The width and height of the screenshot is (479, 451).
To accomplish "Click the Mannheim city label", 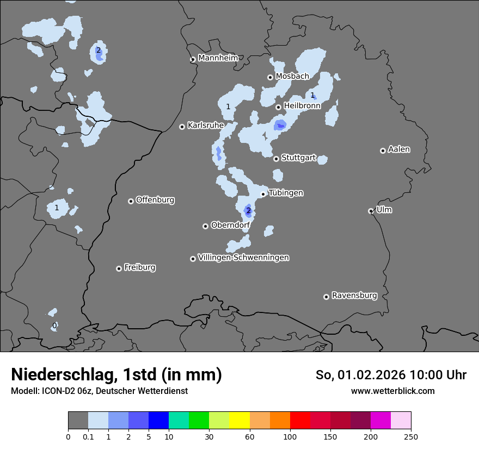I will pyautogui.click(x=218, y=58).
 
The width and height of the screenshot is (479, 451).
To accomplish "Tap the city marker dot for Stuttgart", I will pyautogui.click(x=277, y=159).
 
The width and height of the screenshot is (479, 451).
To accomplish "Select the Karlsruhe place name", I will pyautogui.click(x=206, y=126).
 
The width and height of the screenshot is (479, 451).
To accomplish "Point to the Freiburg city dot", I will pyautogui.click(x=119, y=268).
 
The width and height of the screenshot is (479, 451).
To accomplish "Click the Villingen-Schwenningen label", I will pyautogui.click(x=243, y=258).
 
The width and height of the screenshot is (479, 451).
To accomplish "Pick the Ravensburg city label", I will pyautogui.click(x=354, y=296).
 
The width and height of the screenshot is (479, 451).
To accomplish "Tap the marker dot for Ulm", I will pyautogui.click(x=371, y=211).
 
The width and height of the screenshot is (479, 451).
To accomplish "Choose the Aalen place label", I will pyautogui.click(x=399, y=149).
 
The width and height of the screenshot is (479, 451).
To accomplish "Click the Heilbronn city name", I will pyautogui.click(x=302, y=106).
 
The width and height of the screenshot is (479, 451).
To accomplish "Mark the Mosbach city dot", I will pyautogui.click(x=270, y=77).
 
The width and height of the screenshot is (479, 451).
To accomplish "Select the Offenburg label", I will pyautogui.click(x=155, y=200).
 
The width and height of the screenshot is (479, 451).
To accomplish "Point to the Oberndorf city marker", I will pyautogui.click(x=205, y=226).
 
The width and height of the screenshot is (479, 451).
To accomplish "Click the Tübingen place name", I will pyautogui.click(x=286, y=193).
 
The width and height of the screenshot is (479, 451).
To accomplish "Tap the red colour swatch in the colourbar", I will pyautogui.click(x=300, y=421).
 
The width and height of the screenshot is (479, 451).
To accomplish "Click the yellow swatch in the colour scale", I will pyautogui.click(x=239, y=421).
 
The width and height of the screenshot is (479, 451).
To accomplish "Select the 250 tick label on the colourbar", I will pyautogui.click(x=411, y=437).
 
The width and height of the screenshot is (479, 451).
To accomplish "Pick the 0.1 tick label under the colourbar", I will pyautogui.click(x=88, y=437).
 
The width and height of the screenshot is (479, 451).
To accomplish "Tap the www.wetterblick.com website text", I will pyautogui.click(x=392, y=391).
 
